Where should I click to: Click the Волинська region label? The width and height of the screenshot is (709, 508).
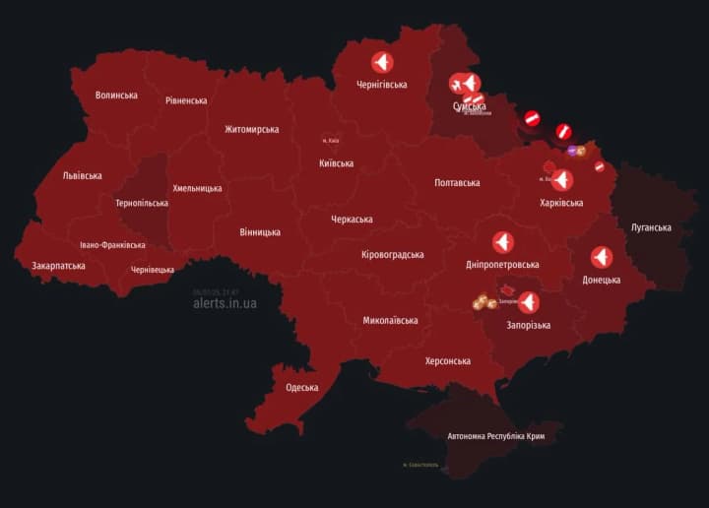[x=116, y=95]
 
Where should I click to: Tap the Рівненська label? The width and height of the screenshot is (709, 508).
[x=186, y=100]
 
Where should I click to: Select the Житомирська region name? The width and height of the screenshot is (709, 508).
[x=251, y=129]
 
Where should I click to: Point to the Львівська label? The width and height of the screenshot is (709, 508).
[x=82, y=175]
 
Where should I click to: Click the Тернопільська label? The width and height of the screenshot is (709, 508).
[x=142, y=203]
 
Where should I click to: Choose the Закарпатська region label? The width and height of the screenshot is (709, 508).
[x=58, y=265]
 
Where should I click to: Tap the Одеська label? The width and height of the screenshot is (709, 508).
[x=302, y=387]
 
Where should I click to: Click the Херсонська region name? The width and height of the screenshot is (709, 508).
[x=448, y=361]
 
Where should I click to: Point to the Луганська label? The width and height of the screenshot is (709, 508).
[x=651, y=227]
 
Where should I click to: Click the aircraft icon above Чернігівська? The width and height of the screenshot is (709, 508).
[x=382, y=62]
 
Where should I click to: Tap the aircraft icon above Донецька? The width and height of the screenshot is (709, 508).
[x=602, y=257]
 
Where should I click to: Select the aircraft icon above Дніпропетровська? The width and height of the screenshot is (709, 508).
[x=502, y=242]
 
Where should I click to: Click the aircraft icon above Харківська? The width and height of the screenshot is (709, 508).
[x=561, y=180]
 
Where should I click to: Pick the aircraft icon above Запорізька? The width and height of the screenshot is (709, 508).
[x=529, y=302]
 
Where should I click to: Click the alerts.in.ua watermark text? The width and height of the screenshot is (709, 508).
[x=226, y=303]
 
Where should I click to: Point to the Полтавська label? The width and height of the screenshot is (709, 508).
[x=457, y=182]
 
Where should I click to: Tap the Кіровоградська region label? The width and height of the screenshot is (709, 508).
[x=393, y=254]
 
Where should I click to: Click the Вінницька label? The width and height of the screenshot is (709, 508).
[x=260, y=232]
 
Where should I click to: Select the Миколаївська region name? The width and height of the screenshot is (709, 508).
[x=390, y=320]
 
